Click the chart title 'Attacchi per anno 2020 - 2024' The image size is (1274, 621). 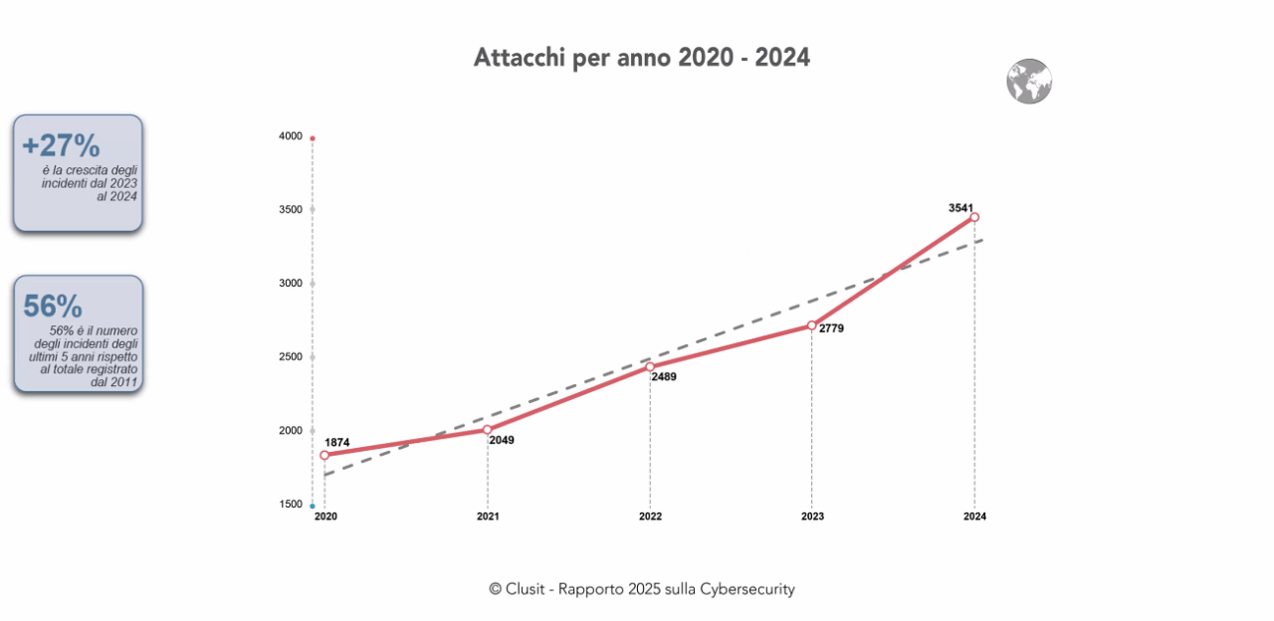coord(641,58)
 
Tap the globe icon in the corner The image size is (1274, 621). coord(1028,82)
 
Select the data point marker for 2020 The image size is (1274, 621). coord(324,455)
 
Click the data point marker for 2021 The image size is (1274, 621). coord(488,430)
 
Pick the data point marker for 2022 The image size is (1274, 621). coord(650,367)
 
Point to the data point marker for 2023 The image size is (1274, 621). coord(812,325)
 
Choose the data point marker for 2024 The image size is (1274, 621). coord(974,217)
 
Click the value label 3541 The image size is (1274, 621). coord(960,207)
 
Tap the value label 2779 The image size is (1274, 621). coord(831,328)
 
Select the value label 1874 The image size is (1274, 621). coord(337,442)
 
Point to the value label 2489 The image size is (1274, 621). coord(664,377)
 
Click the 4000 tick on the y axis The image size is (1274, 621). coord(291,136)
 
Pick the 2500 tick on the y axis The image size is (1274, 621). coord(291,356)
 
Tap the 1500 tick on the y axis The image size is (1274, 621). coord(291,505)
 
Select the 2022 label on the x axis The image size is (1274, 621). coord(650,517)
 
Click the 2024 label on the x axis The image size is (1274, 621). coord(974,517)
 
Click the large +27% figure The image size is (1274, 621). coord(61,146)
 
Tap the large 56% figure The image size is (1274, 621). coord(53,308)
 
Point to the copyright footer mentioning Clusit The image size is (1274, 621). coord(641,589)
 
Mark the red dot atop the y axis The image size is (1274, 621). coord(313,138)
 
